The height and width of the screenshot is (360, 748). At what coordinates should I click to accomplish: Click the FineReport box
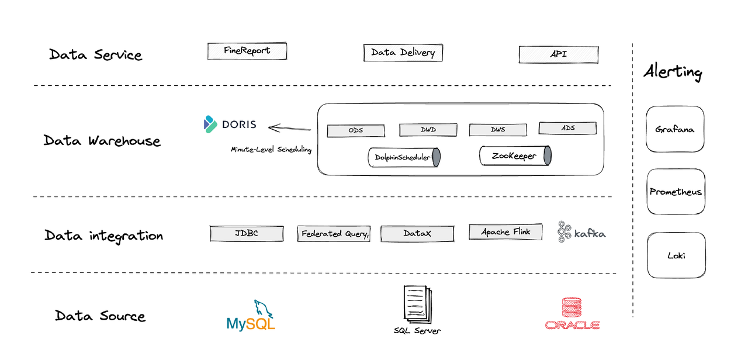pos(247,51)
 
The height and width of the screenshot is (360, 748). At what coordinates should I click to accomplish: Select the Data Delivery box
pos(403,53)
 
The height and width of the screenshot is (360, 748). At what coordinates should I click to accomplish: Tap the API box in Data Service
pos(558,54)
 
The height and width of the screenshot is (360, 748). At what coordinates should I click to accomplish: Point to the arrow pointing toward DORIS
pos(289,127)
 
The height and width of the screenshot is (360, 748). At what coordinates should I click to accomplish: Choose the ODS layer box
pos(355,130)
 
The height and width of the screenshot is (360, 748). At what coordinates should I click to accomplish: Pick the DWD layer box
pos(428,130)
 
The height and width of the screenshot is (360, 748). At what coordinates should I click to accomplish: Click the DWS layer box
pos(498,130)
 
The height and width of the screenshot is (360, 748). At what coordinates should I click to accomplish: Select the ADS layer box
pos(567,128)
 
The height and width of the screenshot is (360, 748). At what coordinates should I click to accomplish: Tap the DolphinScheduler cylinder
pos(404,157)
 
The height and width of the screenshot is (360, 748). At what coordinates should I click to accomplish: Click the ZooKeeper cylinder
pos(515,156)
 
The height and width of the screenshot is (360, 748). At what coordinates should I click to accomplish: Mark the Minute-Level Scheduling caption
pos(271,150)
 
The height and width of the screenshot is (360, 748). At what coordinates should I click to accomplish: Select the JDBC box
pos(246,234)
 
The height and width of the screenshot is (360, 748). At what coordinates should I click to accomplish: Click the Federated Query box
pos(334,234)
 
